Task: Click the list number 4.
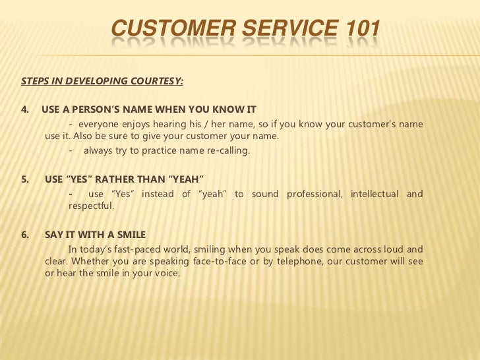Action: pos(25,109)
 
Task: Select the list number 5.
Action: pos(25,179)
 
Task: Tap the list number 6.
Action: pos(25,234)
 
